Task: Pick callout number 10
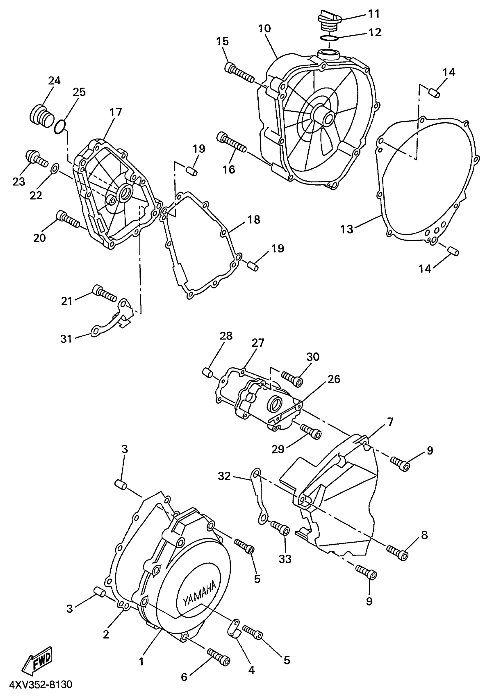pyautogui.click(x=264, y=29)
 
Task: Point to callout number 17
pyautogui.click(x=116, y=112)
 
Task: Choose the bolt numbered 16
pyautogui.click(x=231, y=143)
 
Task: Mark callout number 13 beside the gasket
pyautogui.click(x=347, y=229)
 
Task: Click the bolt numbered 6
pyautogui.click(x=218, y=655)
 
